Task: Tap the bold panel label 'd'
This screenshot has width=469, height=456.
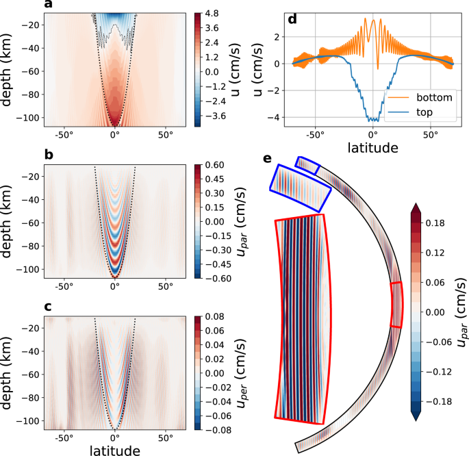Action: coord(293,19)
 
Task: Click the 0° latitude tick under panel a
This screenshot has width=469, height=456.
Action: coord(115,135)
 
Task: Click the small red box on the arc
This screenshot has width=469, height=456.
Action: coord(397,305)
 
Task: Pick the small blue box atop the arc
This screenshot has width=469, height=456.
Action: coord(307,165)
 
